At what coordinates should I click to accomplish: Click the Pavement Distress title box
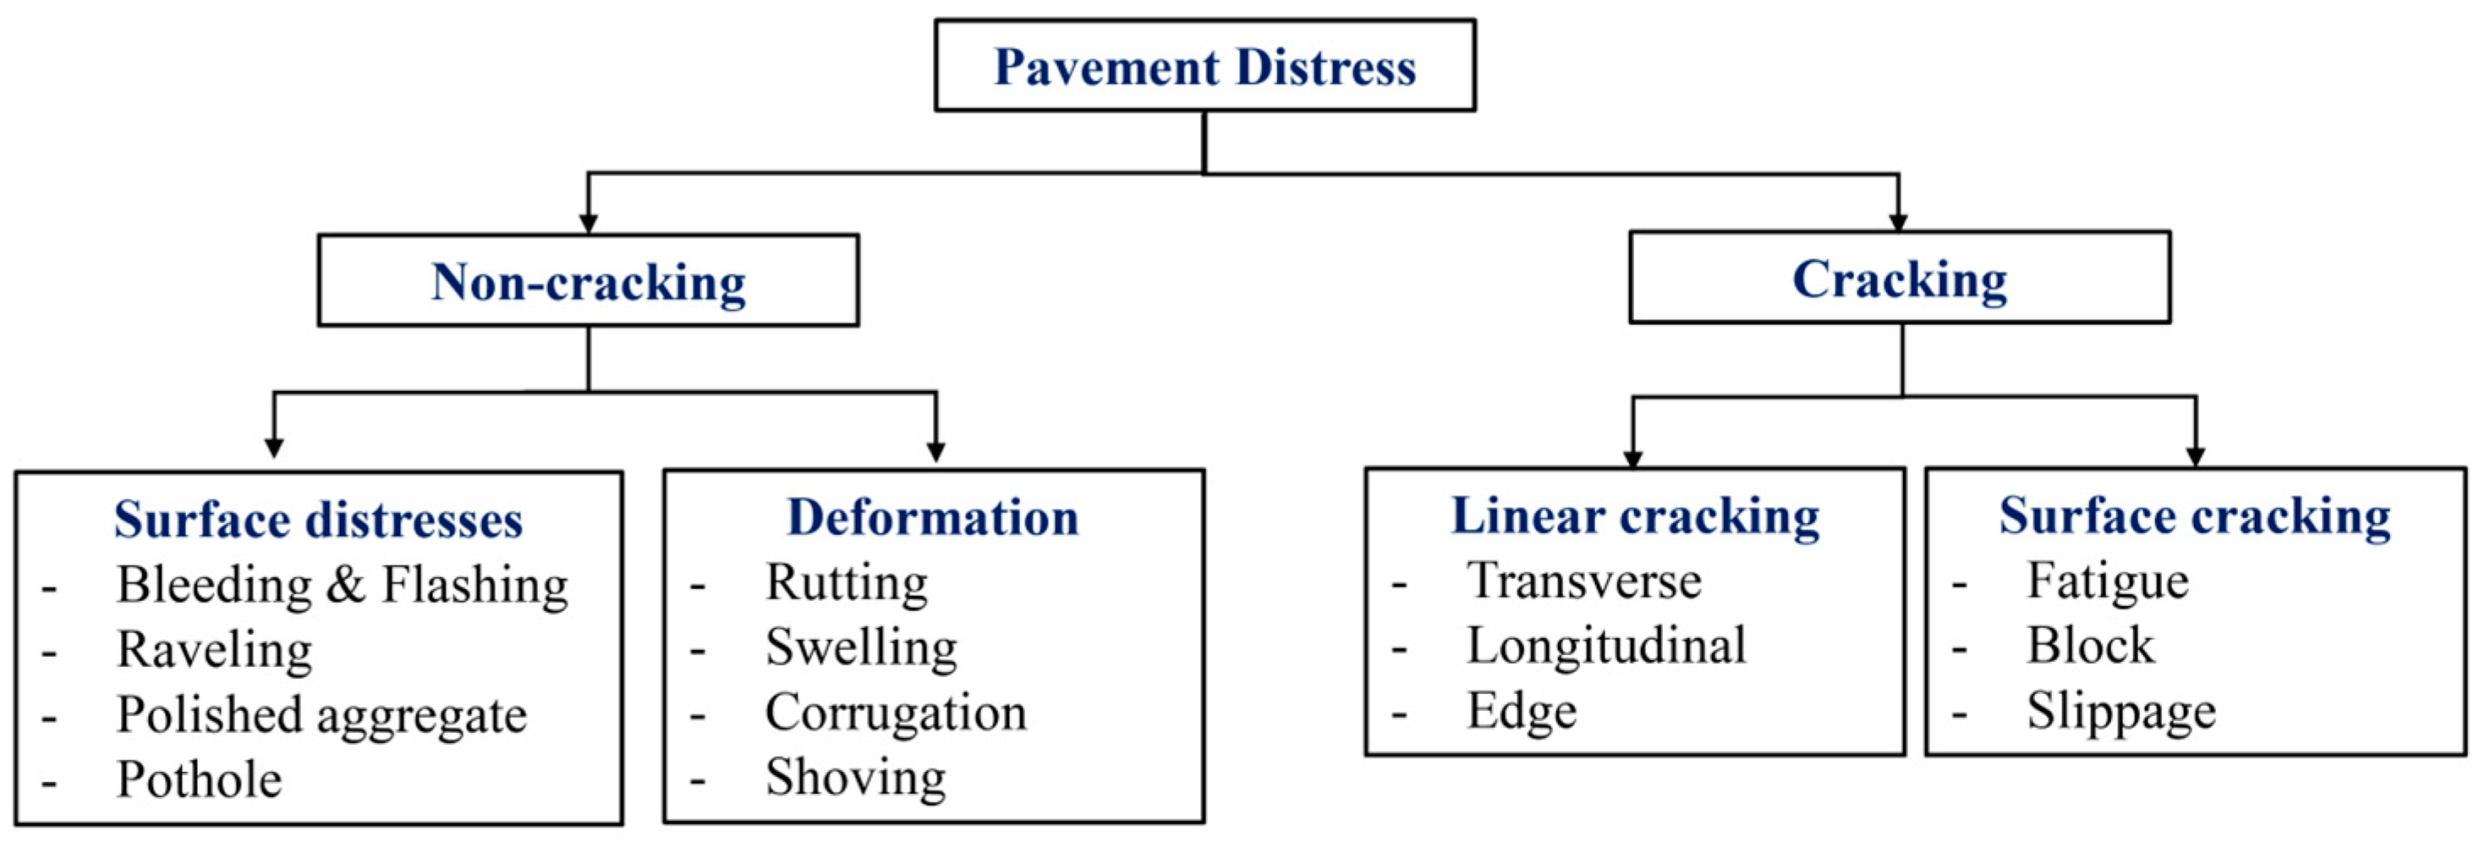tap(1204, 66)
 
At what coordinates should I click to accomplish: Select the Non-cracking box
tap(588, 280)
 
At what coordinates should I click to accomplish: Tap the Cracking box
tap(1899, 278)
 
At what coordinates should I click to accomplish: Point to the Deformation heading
tap(933, 516)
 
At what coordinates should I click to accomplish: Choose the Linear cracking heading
tap(1635, 515)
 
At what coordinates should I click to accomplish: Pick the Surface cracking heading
tap(2194, 515)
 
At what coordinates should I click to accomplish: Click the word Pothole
tap(199, 780)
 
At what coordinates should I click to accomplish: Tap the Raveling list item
tap(214, 650)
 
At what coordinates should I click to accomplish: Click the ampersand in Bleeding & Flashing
tap(346, 585)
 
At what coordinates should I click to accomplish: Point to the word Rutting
tap(846, 583)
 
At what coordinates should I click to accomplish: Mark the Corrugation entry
tap(895, 713)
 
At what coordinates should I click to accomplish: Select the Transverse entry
tap(1583, 581)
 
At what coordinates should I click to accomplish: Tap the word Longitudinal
tap(1605, 645)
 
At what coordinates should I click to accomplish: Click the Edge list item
tap(1522, 712)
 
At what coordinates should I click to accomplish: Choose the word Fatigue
tap(2107, 581)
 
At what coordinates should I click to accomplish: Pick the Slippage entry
tap(2120, 712)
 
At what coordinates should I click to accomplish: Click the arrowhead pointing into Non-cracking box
tap(588, 223)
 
